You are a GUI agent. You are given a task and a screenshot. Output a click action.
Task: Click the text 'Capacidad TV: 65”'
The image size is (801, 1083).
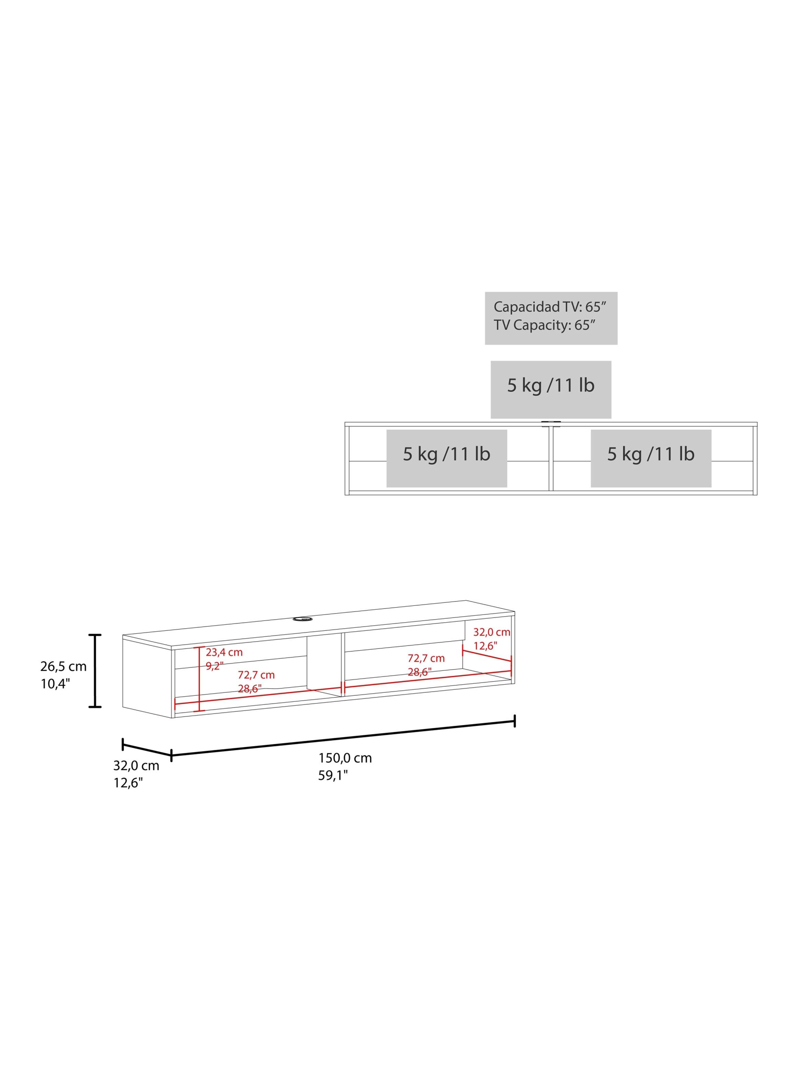click(550, 307)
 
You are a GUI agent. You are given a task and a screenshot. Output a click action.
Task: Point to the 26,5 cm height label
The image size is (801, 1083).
click(64, 666)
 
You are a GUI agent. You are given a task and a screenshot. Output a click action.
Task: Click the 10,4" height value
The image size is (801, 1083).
click(55, 684)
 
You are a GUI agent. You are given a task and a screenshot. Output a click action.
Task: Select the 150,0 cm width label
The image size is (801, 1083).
click(345, 758)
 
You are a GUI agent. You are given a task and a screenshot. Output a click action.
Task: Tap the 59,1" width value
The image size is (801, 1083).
click(333, 776)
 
